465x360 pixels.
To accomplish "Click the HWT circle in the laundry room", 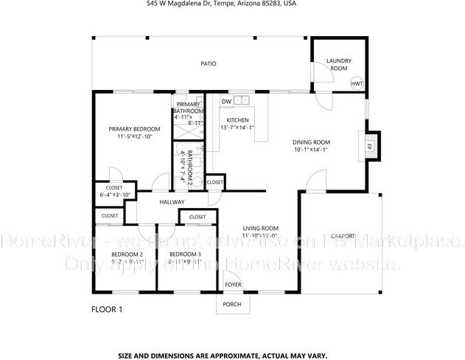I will tap(357, 83).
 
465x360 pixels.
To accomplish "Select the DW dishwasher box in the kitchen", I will tap(227, 101).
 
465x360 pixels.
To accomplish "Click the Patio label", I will tap(209, 63).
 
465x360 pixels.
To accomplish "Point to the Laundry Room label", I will tap(338, 65).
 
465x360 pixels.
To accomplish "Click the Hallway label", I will tap(171, 202).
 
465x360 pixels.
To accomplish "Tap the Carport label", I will tap(343, 235).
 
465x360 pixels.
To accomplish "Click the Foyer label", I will tap(233, 284).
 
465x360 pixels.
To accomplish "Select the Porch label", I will tap(233, 303).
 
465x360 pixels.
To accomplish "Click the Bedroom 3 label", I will tap(184, 255).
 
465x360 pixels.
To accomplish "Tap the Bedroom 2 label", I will tap(127, 255).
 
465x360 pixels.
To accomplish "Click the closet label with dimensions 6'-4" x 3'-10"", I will tap(115, 191).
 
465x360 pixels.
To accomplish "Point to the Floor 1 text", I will tap(106, 309).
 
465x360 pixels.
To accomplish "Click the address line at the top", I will tap(232, 4).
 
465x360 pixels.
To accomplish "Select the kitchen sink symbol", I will tap(243, 100).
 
